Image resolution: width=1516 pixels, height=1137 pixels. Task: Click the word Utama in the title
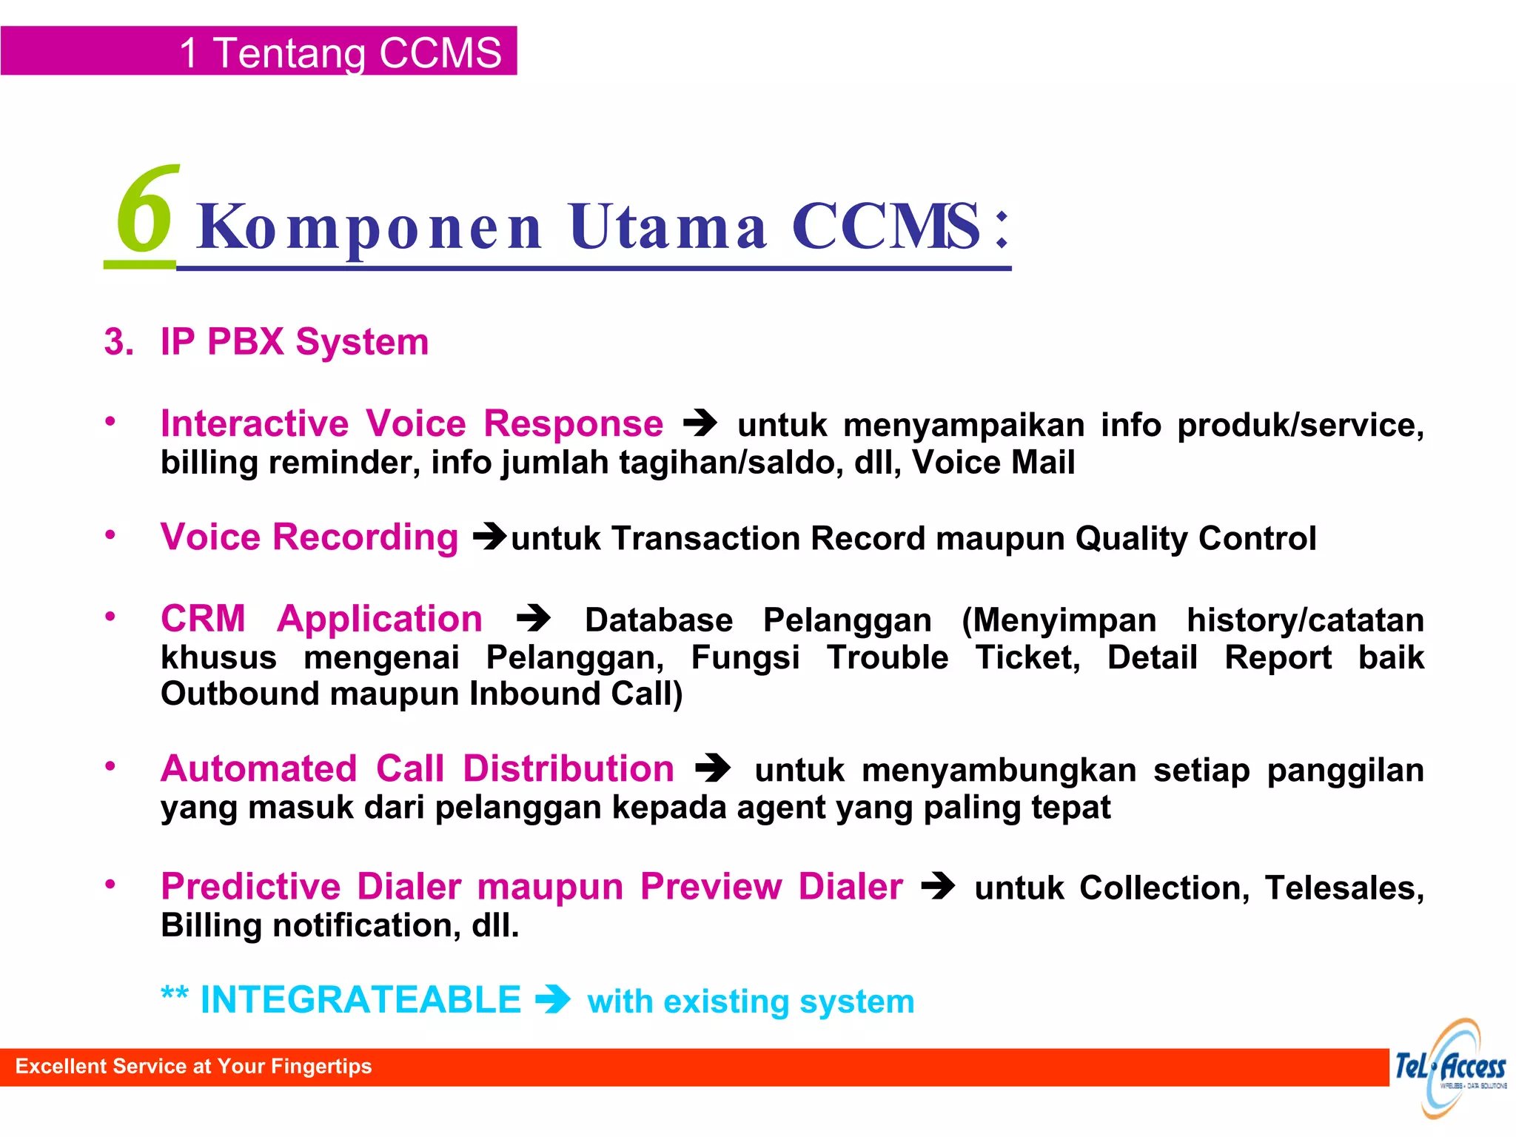click(x=668, y=227)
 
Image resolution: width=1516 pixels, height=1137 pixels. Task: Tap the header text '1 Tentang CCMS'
click(x=341, y=53)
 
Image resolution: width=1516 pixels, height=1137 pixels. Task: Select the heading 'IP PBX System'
click(x=294, y=342)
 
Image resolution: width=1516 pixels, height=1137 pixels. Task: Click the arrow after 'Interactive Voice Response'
click(x=700, y=423)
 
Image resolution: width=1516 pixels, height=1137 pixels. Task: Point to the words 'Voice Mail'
click(x=993, y=463)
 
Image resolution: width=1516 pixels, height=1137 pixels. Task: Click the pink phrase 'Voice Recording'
click(x=309, y=537)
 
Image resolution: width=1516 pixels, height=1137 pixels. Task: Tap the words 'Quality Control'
click(x=1195, y=538)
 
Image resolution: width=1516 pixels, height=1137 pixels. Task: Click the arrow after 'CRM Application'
click(x=534, y=618)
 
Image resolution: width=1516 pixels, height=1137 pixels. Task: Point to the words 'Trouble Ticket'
click(x=953, y=657)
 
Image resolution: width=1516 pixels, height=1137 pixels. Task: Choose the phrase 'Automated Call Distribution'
click(x=417, y=768)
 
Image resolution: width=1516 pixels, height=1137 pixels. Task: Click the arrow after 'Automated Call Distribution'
click(x=713, y=768)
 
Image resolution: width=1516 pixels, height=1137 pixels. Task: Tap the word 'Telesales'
click(x=1343, y=888)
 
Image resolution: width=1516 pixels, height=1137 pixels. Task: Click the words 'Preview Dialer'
click(x=771, y=886)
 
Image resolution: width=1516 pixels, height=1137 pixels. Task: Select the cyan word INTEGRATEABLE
click(x=360, y=1000)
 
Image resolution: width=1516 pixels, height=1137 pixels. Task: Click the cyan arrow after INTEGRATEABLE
click(x=553, y=1000)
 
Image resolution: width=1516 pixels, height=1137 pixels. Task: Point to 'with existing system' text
click(x=751, y=1002)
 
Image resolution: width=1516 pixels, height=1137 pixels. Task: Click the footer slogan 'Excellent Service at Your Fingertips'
click(x=194, y=1066)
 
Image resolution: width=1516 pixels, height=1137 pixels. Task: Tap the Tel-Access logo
click(x=1450, y=1067)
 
